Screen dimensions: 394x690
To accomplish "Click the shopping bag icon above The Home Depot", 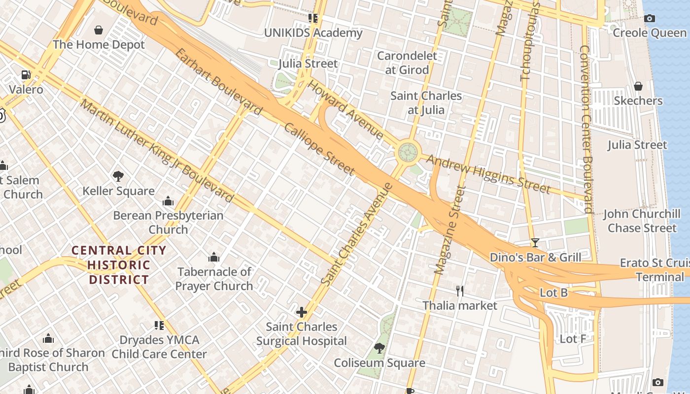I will [99, 30].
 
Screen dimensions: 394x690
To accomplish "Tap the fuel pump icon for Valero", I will [26, 75].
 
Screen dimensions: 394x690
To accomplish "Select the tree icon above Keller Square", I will [118, 176].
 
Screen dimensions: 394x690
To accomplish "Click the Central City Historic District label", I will [118, 265].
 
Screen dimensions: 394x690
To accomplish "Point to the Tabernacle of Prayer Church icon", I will [213, 257].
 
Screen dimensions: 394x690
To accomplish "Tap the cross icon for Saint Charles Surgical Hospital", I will [301, 312].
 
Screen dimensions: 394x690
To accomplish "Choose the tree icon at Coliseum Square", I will [379, 348].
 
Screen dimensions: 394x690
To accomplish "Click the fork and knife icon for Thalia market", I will [460, 291].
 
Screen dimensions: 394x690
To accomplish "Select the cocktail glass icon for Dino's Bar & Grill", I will [535, 243].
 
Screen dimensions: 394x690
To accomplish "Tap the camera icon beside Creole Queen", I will [650, 19].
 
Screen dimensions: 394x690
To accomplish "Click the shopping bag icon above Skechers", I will [638, 86].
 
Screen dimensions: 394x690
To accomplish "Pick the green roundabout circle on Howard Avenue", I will [408, 152].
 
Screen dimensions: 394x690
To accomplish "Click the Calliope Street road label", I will [319, 149].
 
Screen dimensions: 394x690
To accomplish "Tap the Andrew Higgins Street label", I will [488, 174].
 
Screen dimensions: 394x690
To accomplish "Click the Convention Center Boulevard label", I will [586, 129].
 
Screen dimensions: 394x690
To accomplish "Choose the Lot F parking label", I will [573, 339].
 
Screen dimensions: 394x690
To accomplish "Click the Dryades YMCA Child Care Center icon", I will [159, 326].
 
